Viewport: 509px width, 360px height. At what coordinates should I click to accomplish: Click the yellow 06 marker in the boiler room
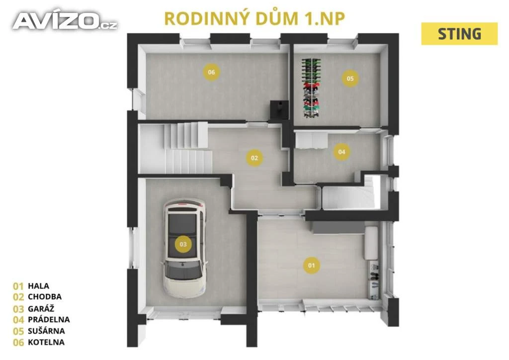[x=211, y=72]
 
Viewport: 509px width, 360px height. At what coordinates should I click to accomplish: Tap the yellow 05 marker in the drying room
[x=350, y=78]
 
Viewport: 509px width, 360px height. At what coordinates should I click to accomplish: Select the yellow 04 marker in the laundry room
[x=341, y=152]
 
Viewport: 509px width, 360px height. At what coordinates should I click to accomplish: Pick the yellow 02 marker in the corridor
[x=254, y=158]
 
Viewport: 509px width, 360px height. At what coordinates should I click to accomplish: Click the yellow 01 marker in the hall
[x=311, y=265]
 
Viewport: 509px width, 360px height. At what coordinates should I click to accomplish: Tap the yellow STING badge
[x=459, y=34]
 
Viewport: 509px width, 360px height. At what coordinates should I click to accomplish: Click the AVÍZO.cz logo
[x=65, y=21]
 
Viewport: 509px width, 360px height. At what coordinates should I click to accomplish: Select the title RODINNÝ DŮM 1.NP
[x=254, y=18]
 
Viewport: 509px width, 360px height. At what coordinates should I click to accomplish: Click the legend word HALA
[x=38, y=286]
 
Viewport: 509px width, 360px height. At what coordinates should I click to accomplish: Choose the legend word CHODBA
[x=44, y=297]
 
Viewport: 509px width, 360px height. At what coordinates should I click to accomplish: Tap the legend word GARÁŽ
[x=41, y=308]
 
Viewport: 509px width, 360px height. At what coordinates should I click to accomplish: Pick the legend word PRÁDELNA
[x=49, y=319]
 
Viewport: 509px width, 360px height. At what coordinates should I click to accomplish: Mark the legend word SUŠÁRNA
[x=46, y=331]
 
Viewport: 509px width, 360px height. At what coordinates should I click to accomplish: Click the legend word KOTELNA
[x=46, y=342]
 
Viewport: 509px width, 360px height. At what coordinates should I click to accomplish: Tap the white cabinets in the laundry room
[x=311, y=140]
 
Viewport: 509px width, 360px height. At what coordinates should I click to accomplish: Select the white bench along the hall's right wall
[x=371, y=243]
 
